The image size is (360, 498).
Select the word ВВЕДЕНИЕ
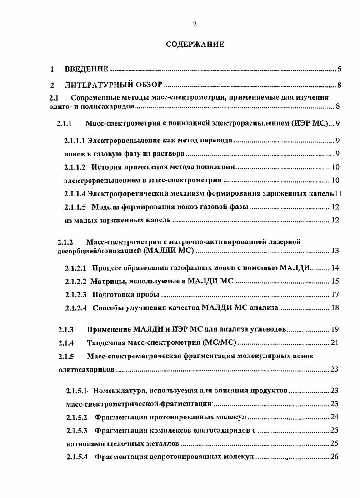(x=86, y=70)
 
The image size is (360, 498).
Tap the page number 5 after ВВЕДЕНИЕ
(x=340, y=70)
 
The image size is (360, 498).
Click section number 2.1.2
(x=65, y=242)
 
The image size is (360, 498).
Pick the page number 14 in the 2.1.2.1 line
(x=335, y=268)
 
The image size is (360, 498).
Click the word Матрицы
(x=105, y=281)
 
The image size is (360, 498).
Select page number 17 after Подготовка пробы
(x=335, y=294)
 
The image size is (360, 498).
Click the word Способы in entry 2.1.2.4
(x=107, y=308)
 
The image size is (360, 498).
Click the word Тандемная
(x=105, y=342)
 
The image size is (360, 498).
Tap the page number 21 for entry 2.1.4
(x=335, y=342)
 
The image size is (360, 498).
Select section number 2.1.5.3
(x=76, y=430)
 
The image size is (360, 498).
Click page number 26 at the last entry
(x=335, y=457)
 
